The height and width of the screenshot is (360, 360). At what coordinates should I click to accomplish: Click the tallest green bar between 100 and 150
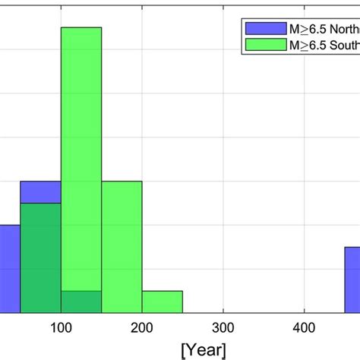81,152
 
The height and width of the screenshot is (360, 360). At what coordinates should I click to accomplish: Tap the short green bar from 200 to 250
162,302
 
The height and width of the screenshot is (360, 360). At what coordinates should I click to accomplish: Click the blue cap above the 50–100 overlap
40,192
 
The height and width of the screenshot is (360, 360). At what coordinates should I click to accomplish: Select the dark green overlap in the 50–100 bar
40,258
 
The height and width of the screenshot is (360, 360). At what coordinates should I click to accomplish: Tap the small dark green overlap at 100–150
81,302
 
